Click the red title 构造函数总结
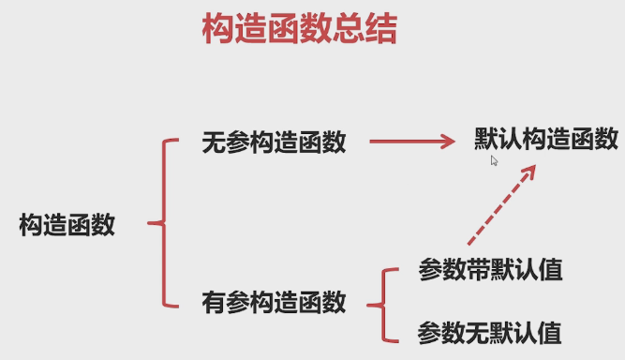tap(299, 30)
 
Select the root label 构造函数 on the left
tap(67, 225)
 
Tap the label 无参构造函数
tap(274, 142)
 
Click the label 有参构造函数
tap(274, 303)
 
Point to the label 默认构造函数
tap(545, 140)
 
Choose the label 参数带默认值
tap(489, 271)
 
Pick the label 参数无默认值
tap(489, 331)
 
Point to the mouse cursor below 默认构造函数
tap(494, 160)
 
